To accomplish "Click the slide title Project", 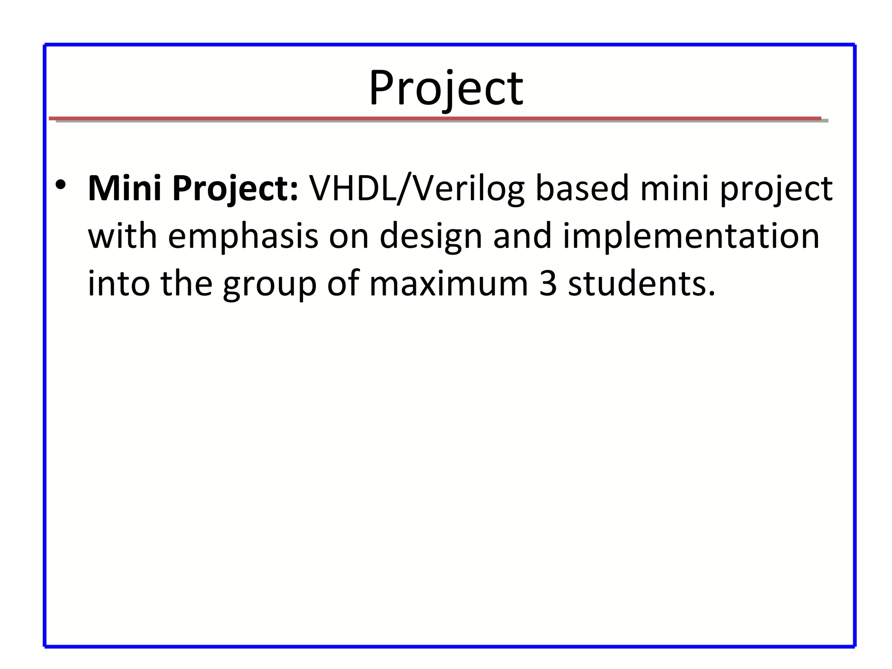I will click(446, 89).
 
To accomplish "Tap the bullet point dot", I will click(61, 186).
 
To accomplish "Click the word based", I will click(582, 189).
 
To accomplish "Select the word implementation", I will click(691, 236).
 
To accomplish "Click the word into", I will click(119, 284).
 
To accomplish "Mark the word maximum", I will click(449, 284).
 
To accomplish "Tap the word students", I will click(642, 284).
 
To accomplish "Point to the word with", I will click(122, 236).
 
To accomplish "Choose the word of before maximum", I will click(343, 284).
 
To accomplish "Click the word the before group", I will click(186, 284).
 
